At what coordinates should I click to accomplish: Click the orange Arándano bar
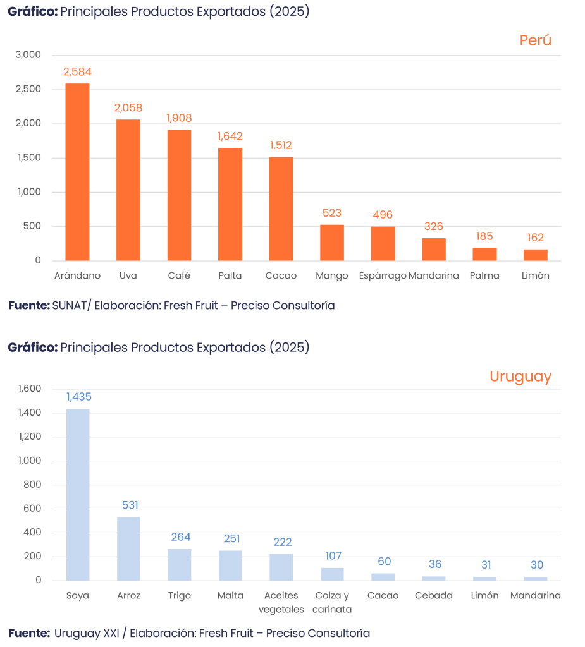[x=78, y=172]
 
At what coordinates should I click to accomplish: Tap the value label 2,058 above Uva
[x=128, y=108]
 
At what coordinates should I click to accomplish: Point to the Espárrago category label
[x=382, y=276]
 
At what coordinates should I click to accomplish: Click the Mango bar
[x=332, y=243]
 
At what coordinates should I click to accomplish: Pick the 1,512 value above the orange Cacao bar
[x=281, y=145]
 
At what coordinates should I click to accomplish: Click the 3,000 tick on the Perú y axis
[x=28, y=55]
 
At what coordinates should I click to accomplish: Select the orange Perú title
[x=536, y=40]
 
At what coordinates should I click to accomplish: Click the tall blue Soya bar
[x=78, y=494]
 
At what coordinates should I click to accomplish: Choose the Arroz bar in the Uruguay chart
[x=129, y=548]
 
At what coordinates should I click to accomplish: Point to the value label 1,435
[x=79, y=397]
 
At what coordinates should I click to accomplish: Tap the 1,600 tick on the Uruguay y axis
[x=29, y=389]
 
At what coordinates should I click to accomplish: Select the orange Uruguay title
[x=520, y=377]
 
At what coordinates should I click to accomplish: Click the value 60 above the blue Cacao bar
[x=383, y=562]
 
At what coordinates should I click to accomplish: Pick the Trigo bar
[x=180, y=564]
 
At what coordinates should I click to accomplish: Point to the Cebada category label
[x=434, y=596]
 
